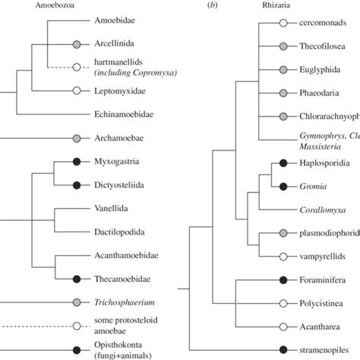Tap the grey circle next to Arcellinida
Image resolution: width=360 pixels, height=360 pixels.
tap(77, 46)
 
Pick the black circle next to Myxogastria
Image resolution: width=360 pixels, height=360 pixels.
tap(77, 163)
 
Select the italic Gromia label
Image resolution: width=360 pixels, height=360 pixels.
tap(311, 186)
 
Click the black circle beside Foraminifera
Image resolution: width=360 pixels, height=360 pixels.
tap(283, 279)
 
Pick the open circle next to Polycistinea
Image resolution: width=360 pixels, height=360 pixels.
tap(283, 303)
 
